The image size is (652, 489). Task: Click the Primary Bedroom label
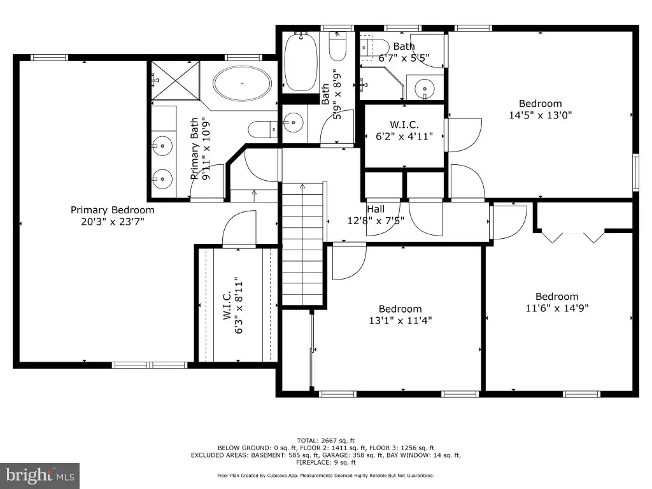pyautogui.click(x=112, y=210)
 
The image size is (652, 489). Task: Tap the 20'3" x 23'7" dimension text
pyautogui.click(x=112, y=222)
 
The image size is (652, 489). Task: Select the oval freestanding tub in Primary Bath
pyautogui.click(x=242, y=83)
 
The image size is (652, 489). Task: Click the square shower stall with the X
pyautogui.click(x=176, y=80)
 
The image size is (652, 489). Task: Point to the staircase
pyautogui.click(x=302, y=244)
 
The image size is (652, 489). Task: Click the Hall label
pyautogui.click(x=376, y=209)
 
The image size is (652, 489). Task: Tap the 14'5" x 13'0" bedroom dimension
pyautogui.click(x=540, y=115)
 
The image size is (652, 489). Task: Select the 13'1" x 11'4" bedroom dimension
pyautogui.click(x=400, y=321)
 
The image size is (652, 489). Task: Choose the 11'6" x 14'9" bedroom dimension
pyautogui.click(x=556, y=308)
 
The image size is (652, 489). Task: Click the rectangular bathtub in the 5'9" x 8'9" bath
pyautogui.click(x=301, y=62)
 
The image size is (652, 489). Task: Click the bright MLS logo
pyautogui.click(x=40, y=476)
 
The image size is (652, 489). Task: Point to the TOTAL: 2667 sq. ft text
pyautogui.click(x=325, y=441)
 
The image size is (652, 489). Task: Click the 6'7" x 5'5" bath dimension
pyautogui.click(x=404, y=58)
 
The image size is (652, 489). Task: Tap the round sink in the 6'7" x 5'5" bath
pyautogui.click(x=425, y=89)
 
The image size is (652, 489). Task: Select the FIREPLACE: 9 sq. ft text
pyautogui.click(x=325, y=462)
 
